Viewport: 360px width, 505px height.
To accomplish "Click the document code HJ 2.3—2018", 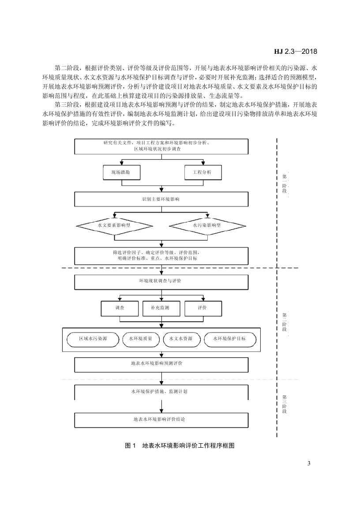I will (296, 51).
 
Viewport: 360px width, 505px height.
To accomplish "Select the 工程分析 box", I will (202, 172).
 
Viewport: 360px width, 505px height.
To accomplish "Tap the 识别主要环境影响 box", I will (161, 199).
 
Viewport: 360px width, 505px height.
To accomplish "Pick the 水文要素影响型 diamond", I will (114, 225).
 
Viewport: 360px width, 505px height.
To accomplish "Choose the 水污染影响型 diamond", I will (207, 225).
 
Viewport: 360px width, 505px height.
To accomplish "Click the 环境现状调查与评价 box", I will (161, 281).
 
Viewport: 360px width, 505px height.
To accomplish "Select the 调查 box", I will (120, 308).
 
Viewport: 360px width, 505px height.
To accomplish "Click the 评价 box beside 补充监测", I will (202, 308).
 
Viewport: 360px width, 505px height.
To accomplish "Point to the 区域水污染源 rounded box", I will (93, 339).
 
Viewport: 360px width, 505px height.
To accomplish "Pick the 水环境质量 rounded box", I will (141, 339).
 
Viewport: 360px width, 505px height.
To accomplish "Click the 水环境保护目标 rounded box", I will (229, 339).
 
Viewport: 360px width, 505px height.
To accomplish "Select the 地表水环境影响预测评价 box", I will (161, 364).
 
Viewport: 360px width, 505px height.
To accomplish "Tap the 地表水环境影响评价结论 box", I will (161, 419).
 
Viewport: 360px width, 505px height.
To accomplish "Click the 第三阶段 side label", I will (284, 404).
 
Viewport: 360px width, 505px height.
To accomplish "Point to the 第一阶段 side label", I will (284, 183).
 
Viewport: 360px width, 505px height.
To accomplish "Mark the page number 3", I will (309, 464).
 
